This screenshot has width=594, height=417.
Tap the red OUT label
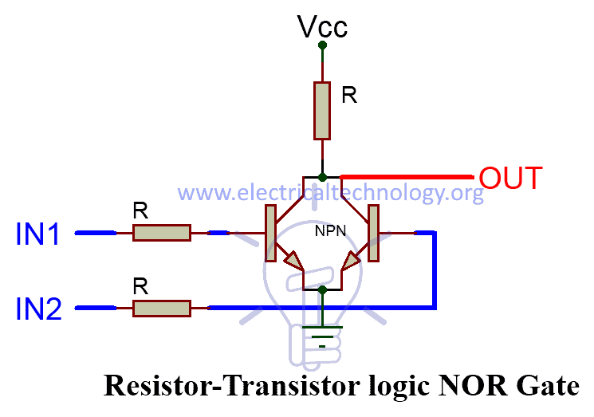coord(510,177)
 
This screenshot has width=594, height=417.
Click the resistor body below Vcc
coord(322,108)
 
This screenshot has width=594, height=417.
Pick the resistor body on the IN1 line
coord(161,233)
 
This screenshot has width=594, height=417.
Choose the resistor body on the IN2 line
coord(161,308)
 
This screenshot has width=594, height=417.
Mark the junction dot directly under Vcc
coord(322,45)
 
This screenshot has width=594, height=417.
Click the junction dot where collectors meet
coord(322,176)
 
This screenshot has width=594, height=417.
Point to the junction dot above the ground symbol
coord(322,290)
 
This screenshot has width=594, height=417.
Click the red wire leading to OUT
coord(407,176)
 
